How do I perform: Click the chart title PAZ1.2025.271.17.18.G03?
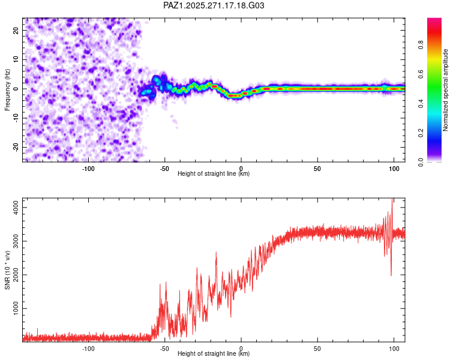click(214, 5)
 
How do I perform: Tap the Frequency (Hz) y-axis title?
click(8, 89)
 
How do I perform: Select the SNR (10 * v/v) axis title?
click(8, 271)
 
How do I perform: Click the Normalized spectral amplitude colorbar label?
click(446, 90)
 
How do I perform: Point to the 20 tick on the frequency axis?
click(16, 30)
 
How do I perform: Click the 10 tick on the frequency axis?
click(16, 59)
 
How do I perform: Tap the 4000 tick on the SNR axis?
click(13, 207)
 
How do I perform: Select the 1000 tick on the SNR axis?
click(13, 308)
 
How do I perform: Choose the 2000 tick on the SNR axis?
click(13, 275)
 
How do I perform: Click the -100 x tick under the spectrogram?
click(88, 168)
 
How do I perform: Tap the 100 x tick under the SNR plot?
click(394, 348)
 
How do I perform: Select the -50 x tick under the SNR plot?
click(164, 348)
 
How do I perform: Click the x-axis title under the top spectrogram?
click(214, 174)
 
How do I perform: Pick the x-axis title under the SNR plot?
click(214, 354)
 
